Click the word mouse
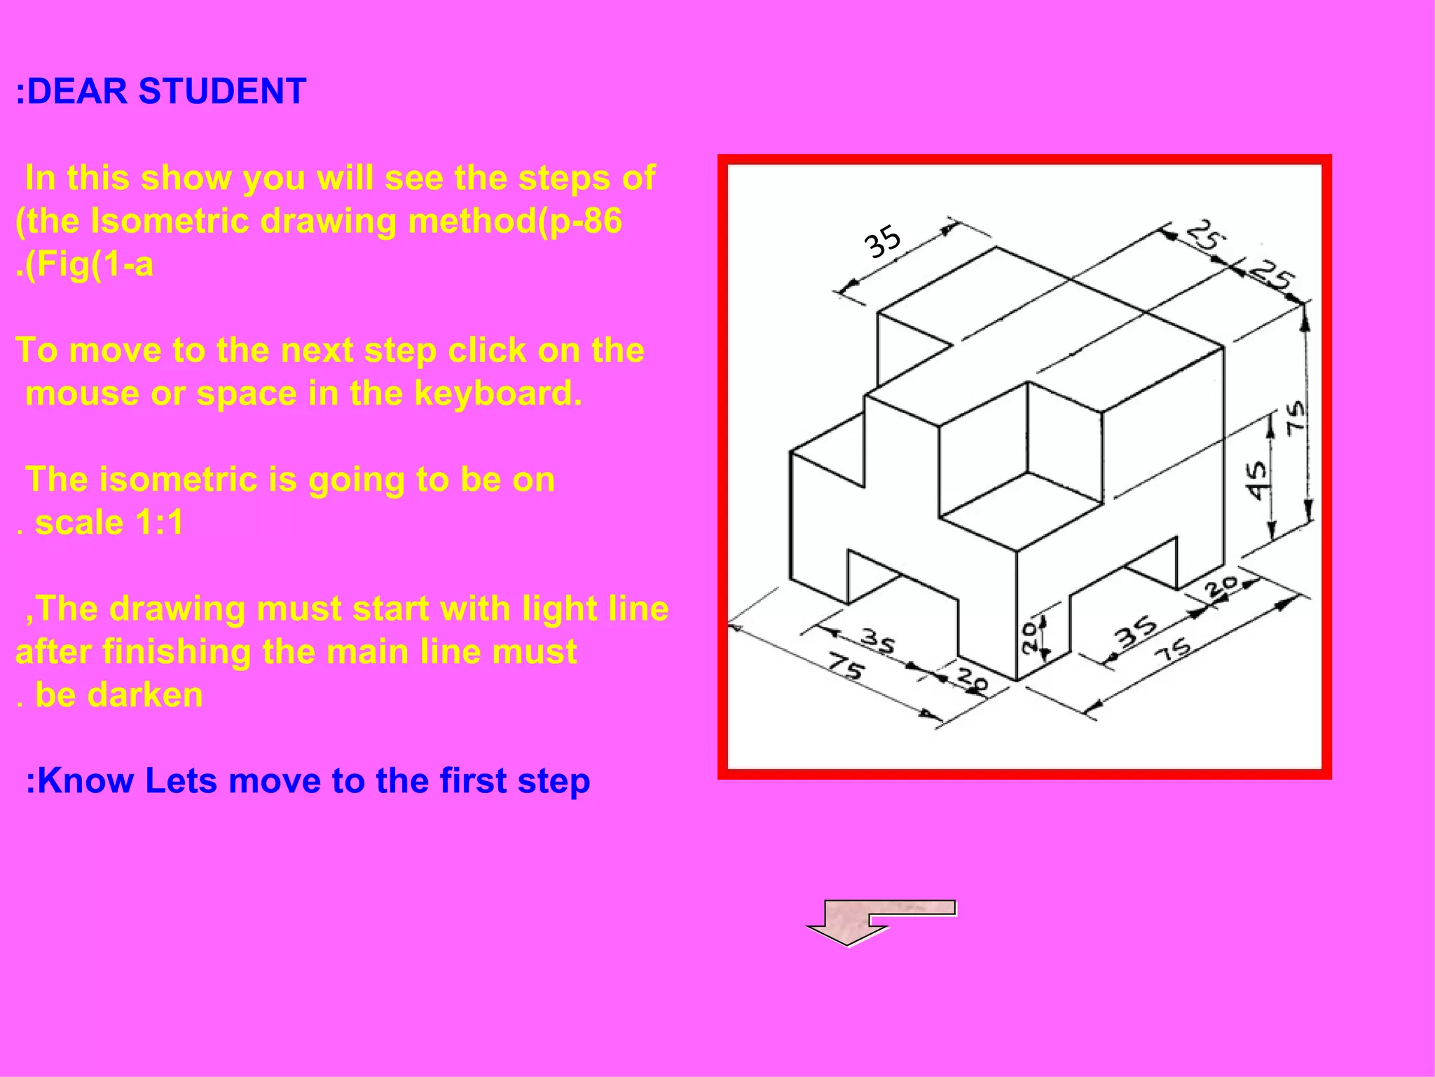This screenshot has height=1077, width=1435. click(83, 394)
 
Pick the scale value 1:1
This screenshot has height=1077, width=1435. click(159, 523)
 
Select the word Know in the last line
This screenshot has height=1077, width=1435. click(84, 781)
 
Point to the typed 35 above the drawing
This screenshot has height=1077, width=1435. click(882, 241)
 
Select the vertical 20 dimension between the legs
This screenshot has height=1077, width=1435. click(1029, 638)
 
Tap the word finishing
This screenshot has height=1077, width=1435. click(177, 652)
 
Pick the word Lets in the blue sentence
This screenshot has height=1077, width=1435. click(181, 781)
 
